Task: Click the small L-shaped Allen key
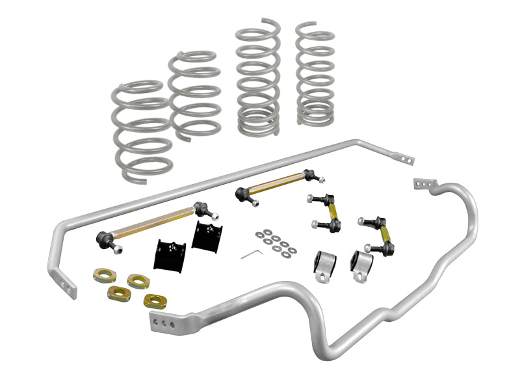(x=251, y=254)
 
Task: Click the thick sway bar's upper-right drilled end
(x=424, y=184)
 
